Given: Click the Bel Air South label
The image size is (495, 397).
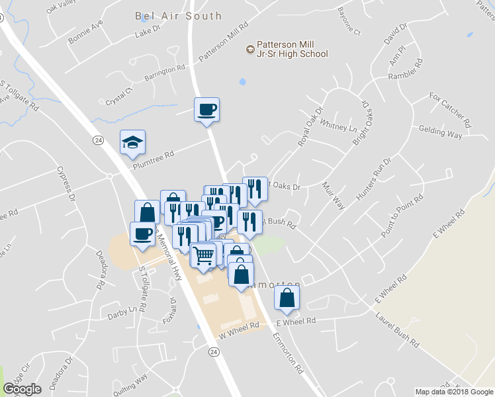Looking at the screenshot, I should pos(178,15).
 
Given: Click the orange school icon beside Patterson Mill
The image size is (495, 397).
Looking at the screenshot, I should pos(249,48).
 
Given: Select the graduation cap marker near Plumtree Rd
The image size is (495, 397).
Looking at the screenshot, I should pos(132,142).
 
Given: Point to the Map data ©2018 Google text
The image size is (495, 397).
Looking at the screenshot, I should pos(455,392).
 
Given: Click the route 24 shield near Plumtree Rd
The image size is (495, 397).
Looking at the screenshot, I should pos(98,140).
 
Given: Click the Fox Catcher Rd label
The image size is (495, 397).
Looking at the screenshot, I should pos(450,110).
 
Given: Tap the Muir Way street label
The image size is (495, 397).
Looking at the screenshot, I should pos(335,197).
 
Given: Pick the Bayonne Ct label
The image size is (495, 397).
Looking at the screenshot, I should pos(349,22).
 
